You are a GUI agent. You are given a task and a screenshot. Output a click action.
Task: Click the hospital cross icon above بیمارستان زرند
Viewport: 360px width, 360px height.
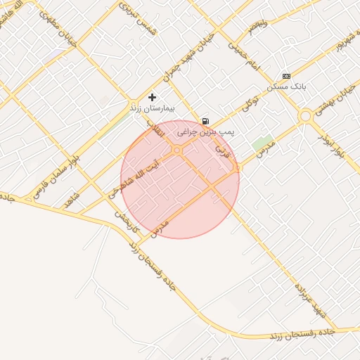coord(152,97)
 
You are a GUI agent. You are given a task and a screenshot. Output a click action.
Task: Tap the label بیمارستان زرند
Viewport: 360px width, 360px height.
coord(152,109)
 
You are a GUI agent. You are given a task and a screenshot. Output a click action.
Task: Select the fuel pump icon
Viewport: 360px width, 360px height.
coord(205,121)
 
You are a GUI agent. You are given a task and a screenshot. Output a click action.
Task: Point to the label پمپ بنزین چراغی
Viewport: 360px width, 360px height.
coord(205,131)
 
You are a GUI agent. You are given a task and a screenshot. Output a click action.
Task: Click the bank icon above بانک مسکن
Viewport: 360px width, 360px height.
coord(285,76)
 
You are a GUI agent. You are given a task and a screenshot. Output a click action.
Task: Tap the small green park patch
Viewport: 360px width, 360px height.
coord(262,143)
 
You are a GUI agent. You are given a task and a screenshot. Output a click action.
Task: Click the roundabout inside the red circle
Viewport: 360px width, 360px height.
coord(177,150)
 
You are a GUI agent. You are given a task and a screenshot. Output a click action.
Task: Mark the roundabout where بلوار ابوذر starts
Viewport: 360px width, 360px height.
coord(305,116)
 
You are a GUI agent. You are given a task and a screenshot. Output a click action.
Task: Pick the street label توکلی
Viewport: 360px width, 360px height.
coord(250,106)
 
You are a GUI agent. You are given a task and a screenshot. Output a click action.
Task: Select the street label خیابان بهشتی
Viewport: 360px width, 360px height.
coord(328,98)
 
